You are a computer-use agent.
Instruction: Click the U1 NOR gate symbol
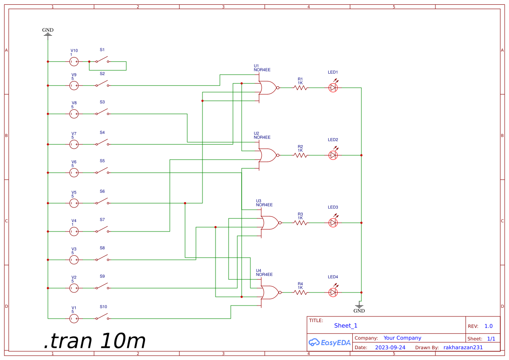click(267, 88)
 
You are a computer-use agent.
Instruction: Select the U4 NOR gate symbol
click(270, 292)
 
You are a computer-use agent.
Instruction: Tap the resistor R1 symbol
click(300, 88)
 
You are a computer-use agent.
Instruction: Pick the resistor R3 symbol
click(300, 223)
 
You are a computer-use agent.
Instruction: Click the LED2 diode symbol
click(333, 155)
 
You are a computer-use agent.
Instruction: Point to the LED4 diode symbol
click(333, 292)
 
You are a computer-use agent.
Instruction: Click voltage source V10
click(74, 62)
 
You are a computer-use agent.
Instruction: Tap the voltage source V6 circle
click(74, 173)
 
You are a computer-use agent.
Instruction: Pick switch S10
click(102, 317)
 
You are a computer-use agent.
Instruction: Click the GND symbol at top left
click(48, 32)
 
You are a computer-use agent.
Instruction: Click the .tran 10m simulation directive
click(94, 341)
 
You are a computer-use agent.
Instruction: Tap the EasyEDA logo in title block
click(330, 343)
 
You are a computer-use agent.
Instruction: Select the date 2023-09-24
click(390, 348)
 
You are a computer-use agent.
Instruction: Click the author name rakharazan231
click(463, 348)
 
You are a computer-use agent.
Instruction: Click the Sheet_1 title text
click(346, 326)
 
